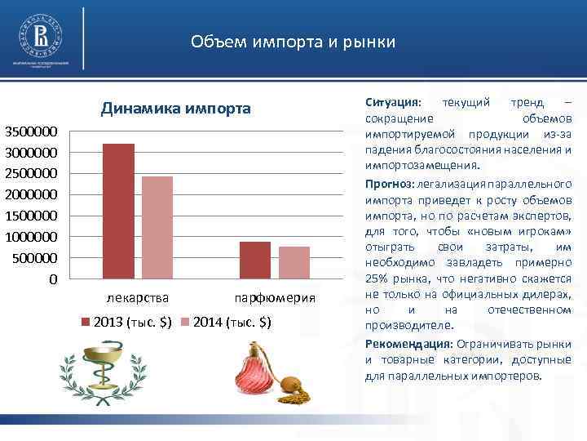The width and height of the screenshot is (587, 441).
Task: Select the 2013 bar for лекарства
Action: [119, 211]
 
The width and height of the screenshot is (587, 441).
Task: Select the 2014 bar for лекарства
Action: [157, 227]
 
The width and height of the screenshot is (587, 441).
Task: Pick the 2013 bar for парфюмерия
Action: [255, 260]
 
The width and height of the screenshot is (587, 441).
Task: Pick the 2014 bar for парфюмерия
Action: [294, 262]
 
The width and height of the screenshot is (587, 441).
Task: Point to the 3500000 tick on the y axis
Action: [32, 131]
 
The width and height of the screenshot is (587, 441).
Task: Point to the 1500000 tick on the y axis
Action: [32, 216]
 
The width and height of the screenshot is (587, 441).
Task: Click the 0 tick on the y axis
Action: [53, 279]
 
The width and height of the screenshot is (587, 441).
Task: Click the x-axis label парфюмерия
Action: [274, 297]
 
